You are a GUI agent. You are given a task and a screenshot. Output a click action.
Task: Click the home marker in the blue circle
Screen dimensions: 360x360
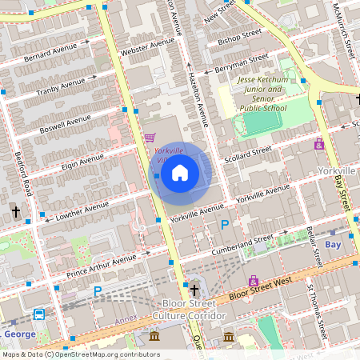coord(180,173)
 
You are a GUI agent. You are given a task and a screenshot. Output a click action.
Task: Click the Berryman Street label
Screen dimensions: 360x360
coord(242,64)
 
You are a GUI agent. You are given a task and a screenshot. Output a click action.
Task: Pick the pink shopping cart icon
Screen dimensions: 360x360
coord(149,138)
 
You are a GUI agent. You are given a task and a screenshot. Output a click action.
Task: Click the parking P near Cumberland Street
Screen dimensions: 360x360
coord(225,225)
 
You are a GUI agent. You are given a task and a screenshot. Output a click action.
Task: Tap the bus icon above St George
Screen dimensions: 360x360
coord(38,313)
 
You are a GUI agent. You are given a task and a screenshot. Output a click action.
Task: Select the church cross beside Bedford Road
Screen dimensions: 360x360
coord(15,212)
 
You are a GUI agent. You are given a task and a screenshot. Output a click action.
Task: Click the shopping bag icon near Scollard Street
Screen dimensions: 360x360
coord(318,144)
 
